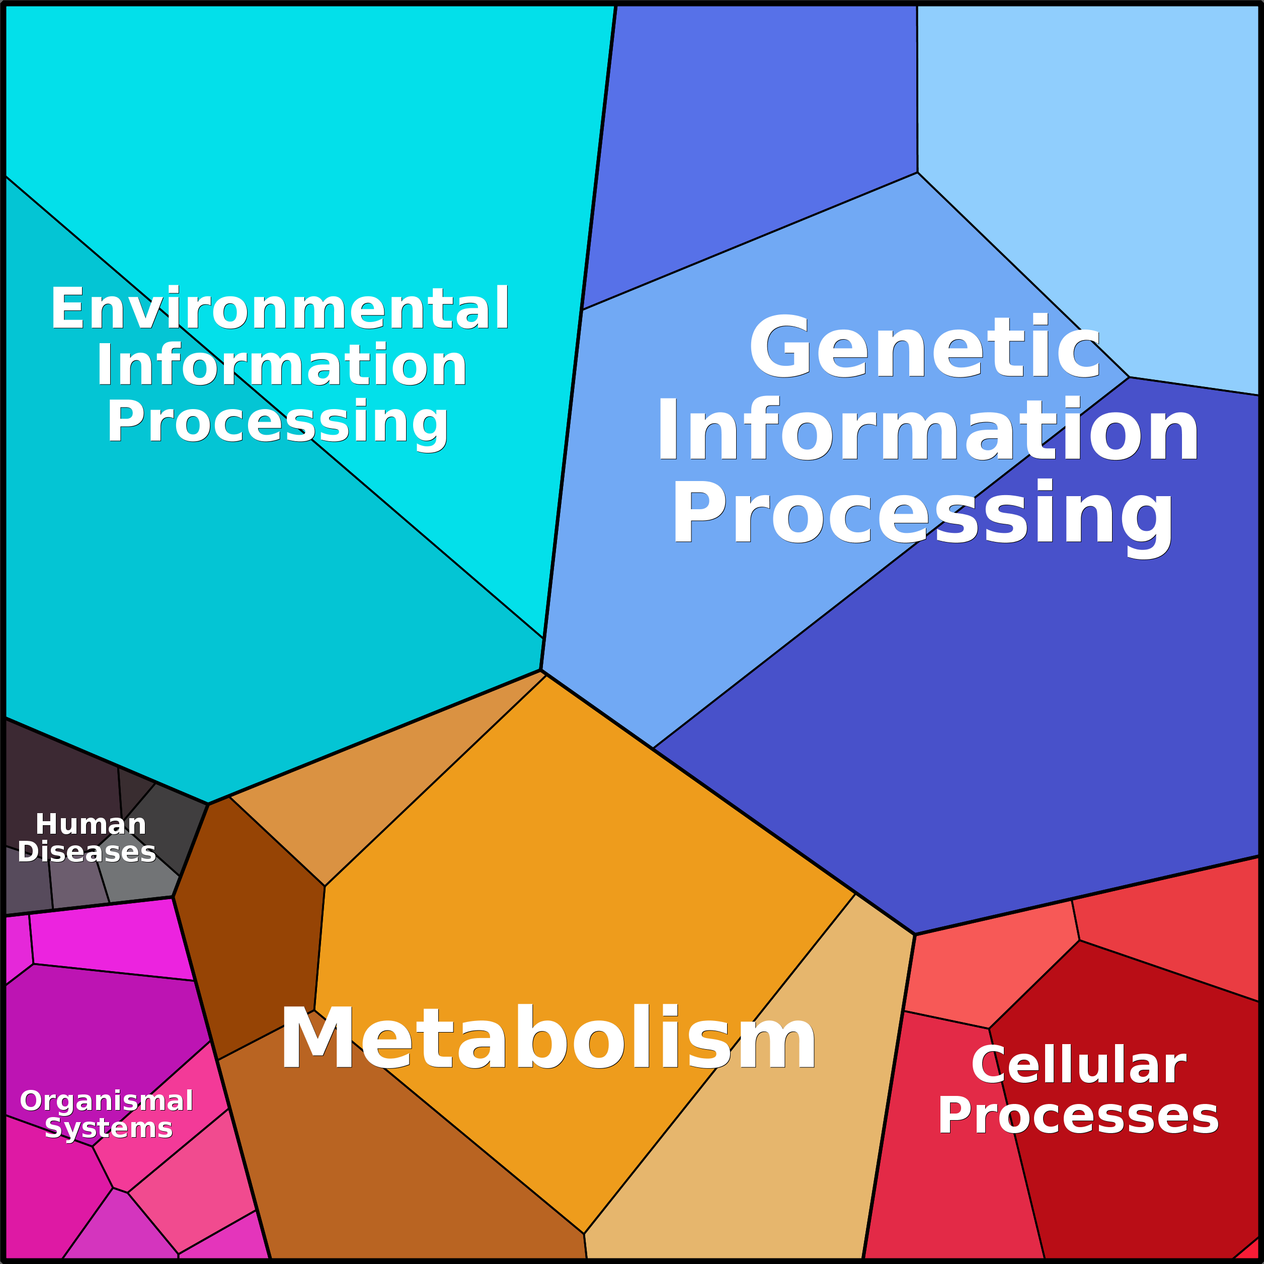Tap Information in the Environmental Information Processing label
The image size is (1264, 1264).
coord(281,365)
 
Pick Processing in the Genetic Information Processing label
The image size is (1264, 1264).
coord(922,517)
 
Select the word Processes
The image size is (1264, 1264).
coord(1078,1116)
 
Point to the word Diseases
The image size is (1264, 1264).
coord(87,852)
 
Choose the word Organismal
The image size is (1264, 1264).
coord(107,1100)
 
